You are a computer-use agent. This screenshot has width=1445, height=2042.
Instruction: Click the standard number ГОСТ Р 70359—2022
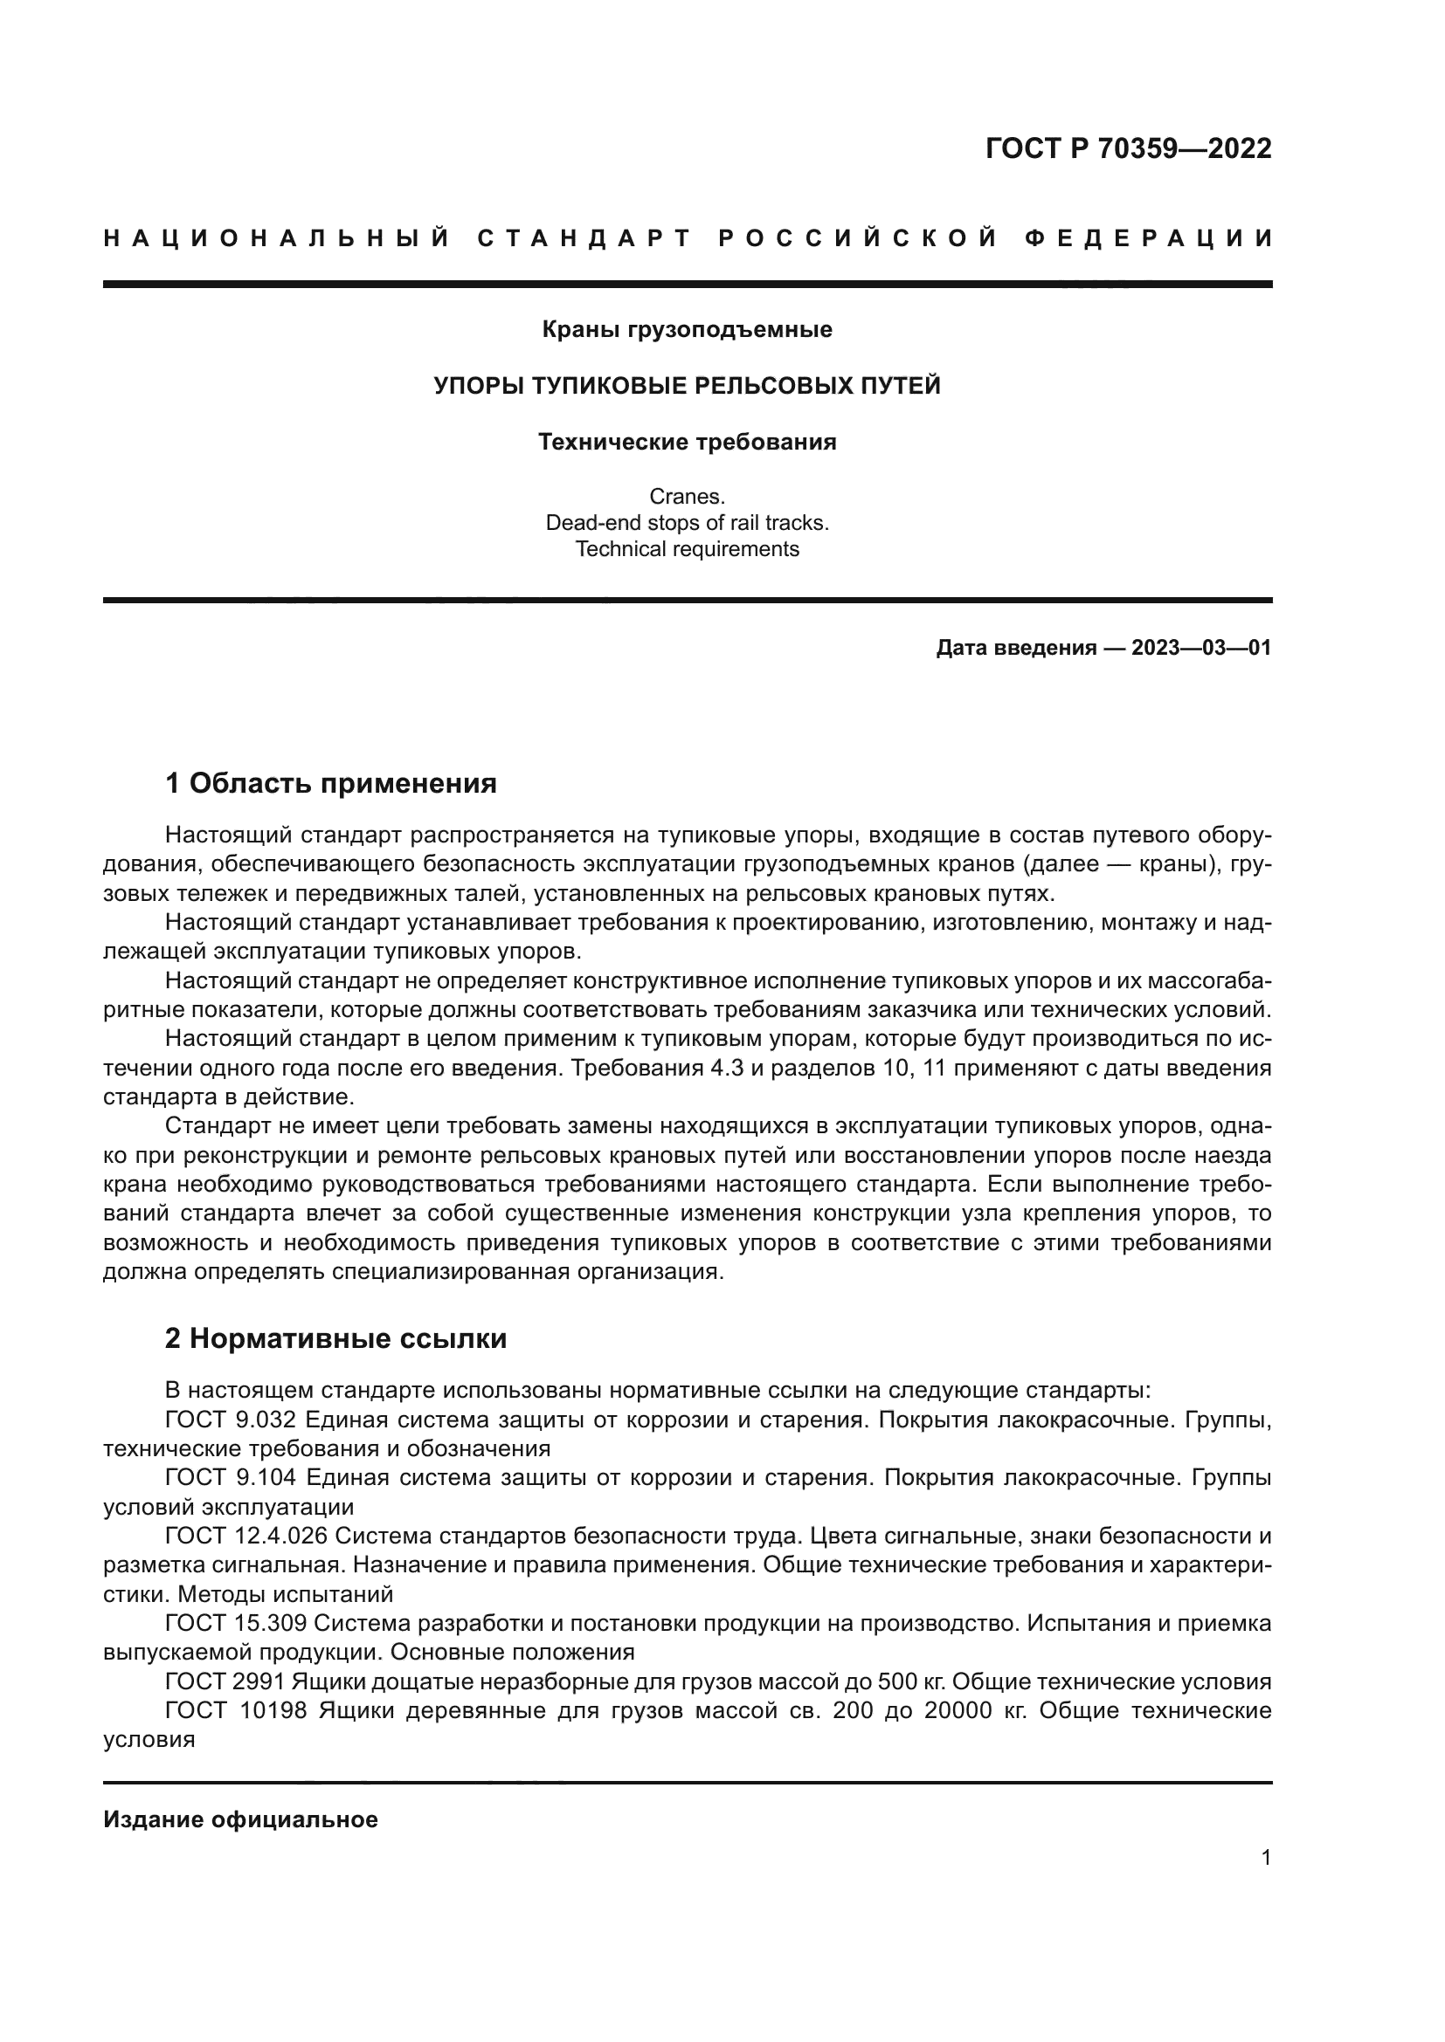click(x=1128, y=148)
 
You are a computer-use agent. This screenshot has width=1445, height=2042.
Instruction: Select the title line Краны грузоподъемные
click(x=687, y=330)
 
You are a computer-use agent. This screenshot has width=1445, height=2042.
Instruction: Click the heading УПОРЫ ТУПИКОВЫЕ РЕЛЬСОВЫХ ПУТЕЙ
click(x=687, y=386)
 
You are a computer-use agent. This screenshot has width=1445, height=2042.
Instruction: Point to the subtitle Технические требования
click(x=687, y=442)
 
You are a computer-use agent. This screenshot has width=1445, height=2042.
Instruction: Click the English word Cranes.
click(x=687, y=496)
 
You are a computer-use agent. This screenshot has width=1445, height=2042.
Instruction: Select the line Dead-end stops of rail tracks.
click(x=687, y=523)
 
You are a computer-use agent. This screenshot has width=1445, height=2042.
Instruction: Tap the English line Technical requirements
click(x=687, y=549)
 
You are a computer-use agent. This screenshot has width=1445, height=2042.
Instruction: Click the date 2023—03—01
click(x=1201, y=648)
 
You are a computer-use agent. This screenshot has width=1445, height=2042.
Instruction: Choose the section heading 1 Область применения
click(x=331, y=783)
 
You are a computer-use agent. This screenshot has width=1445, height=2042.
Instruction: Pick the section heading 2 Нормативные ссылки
click(x=335, y=1338)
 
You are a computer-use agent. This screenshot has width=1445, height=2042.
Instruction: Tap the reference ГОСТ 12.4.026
click(x=246, y=1536)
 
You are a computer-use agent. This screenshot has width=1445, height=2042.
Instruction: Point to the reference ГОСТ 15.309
click(x=235, y=1623)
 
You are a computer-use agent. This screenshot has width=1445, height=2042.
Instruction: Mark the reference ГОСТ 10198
click(x=235, y=1710)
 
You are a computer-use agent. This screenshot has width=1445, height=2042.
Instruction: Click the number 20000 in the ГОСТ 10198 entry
click(x=958, y=1710)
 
